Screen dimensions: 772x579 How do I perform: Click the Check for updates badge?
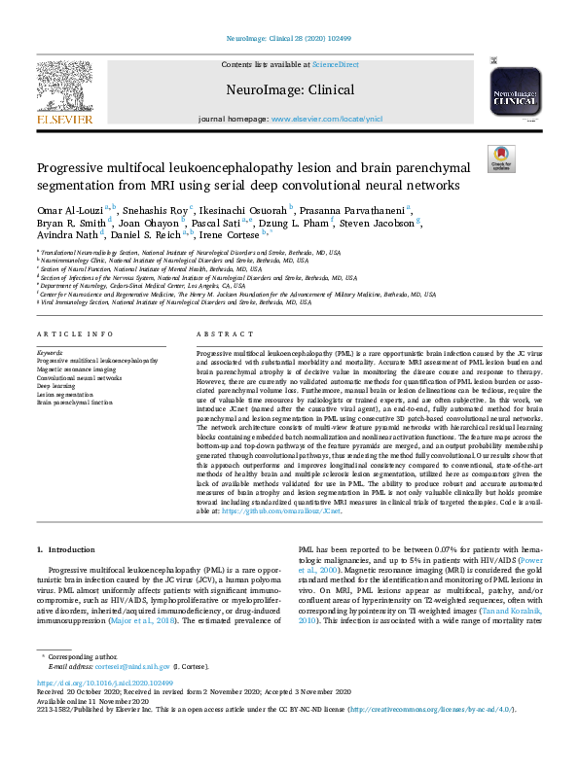pyautogui.click(x=501, y=156)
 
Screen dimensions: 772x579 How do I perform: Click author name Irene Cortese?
pyautogui.click(x=231, y=235)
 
